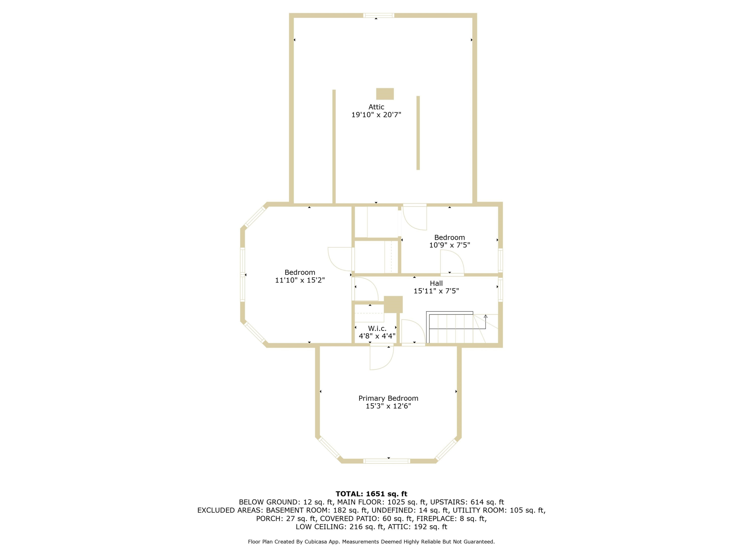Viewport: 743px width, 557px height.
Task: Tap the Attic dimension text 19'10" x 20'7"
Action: pos(376,115)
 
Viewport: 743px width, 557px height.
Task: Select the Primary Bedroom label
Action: pos(388,398)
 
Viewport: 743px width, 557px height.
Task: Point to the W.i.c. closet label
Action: pos(377,328)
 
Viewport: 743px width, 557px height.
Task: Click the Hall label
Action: pos(436,283)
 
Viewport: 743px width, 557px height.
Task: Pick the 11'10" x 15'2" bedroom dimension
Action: pos(300,280)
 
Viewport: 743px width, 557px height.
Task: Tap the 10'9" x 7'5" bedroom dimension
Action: pos(450,245)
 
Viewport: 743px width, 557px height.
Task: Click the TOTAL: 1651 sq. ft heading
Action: pos(371,494)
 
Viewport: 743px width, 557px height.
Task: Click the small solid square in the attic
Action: pos(385,94)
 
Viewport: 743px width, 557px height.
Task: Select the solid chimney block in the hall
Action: pos(393,304)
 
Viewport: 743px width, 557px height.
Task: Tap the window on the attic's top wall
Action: pos(378,15)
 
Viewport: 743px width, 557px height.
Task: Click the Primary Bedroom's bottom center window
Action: pos(387,461)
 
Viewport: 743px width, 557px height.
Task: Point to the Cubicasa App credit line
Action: pos(371,542)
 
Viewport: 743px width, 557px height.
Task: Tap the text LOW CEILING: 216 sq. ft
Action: pos(340,527)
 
